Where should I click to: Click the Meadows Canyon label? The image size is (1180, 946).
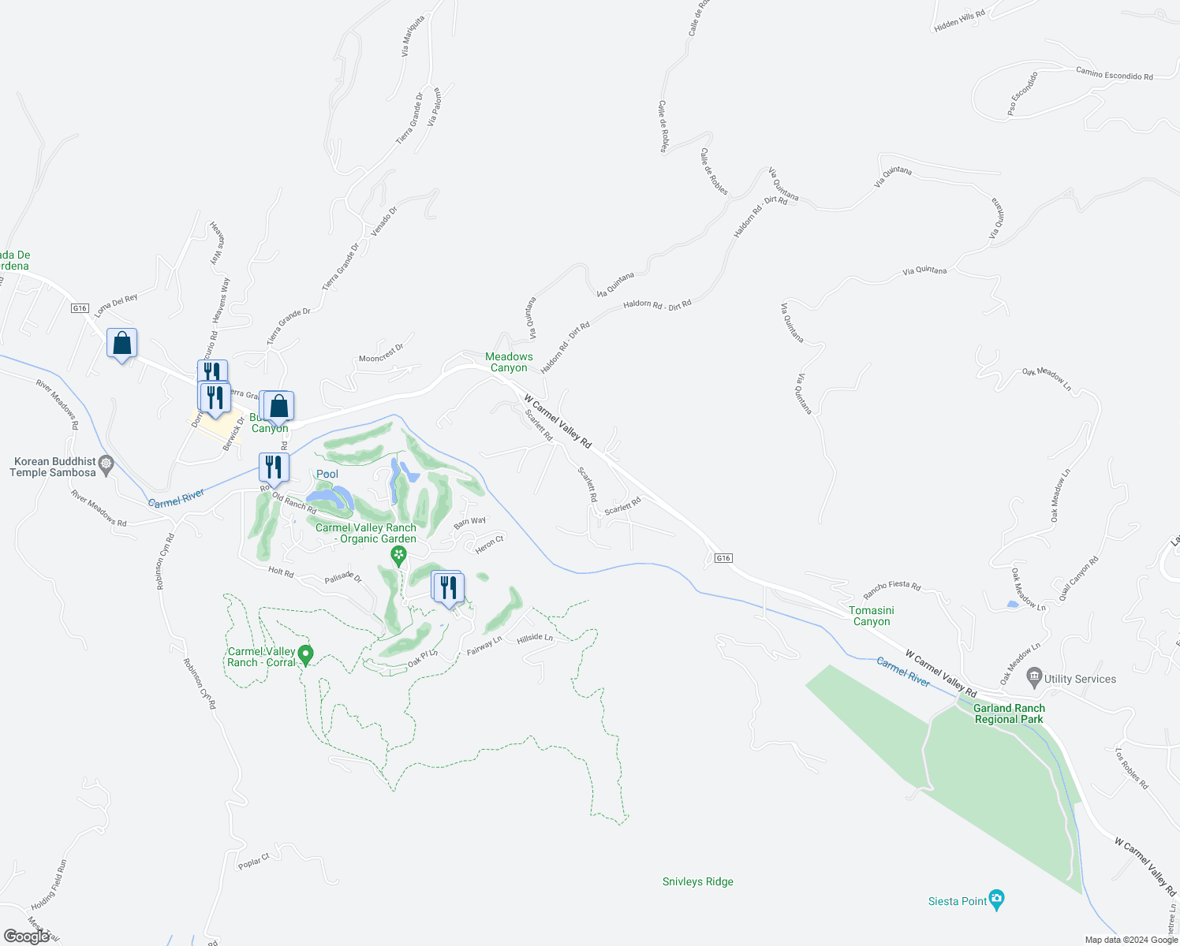pos(509,363)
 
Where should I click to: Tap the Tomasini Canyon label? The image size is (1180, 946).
pos(872,616)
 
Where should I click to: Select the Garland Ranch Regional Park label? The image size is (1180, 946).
pos(1009,713)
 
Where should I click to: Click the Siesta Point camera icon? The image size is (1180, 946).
pos(997,899)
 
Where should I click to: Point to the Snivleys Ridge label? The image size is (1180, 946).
pos(697,881)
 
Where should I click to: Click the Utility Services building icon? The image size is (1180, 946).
pos(1034,677)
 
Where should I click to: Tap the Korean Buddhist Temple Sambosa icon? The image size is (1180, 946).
pos(106,464)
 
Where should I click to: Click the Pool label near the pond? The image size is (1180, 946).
pos(327,474)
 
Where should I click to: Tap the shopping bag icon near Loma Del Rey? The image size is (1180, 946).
pos(122,344)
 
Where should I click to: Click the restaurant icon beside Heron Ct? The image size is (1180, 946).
pos(448,587)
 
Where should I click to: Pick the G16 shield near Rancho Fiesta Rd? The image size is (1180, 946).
pos(723,558)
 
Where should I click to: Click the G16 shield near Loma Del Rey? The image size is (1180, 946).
pos(80,308)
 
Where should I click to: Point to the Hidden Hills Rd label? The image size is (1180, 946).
pos(959,20)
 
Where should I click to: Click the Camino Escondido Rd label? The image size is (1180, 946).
pos(1114,73)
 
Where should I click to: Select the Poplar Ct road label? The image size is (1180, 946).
pos(254,861)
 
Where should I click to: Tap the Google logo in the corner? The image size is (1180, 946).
pos(27,936)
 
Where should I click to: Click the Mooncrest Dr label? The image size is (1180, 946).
pos(381,353)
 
